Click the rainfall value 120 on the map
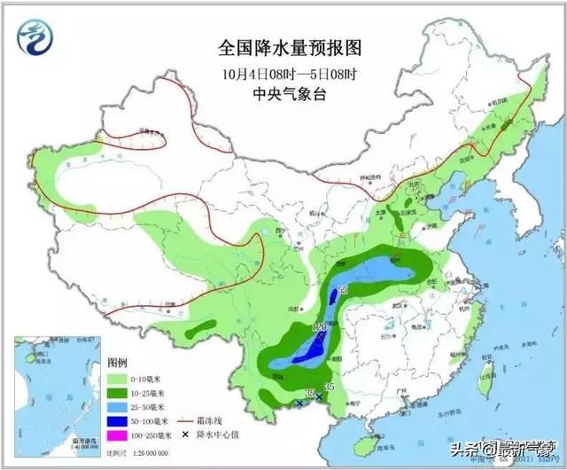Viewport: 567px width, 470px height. click(x=319, y=327)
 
